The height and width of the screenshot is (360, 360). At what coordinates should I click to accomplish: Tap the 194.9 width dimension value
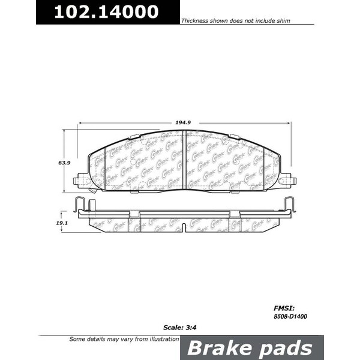(x=184, y=122)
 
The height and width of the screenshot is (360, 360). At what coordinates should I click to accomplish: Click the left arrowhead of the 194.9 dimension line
(x=79, y=123)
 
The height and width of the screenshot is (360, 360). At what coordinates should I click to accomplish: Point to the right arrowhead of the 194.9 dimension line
(x=289, y=123)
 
